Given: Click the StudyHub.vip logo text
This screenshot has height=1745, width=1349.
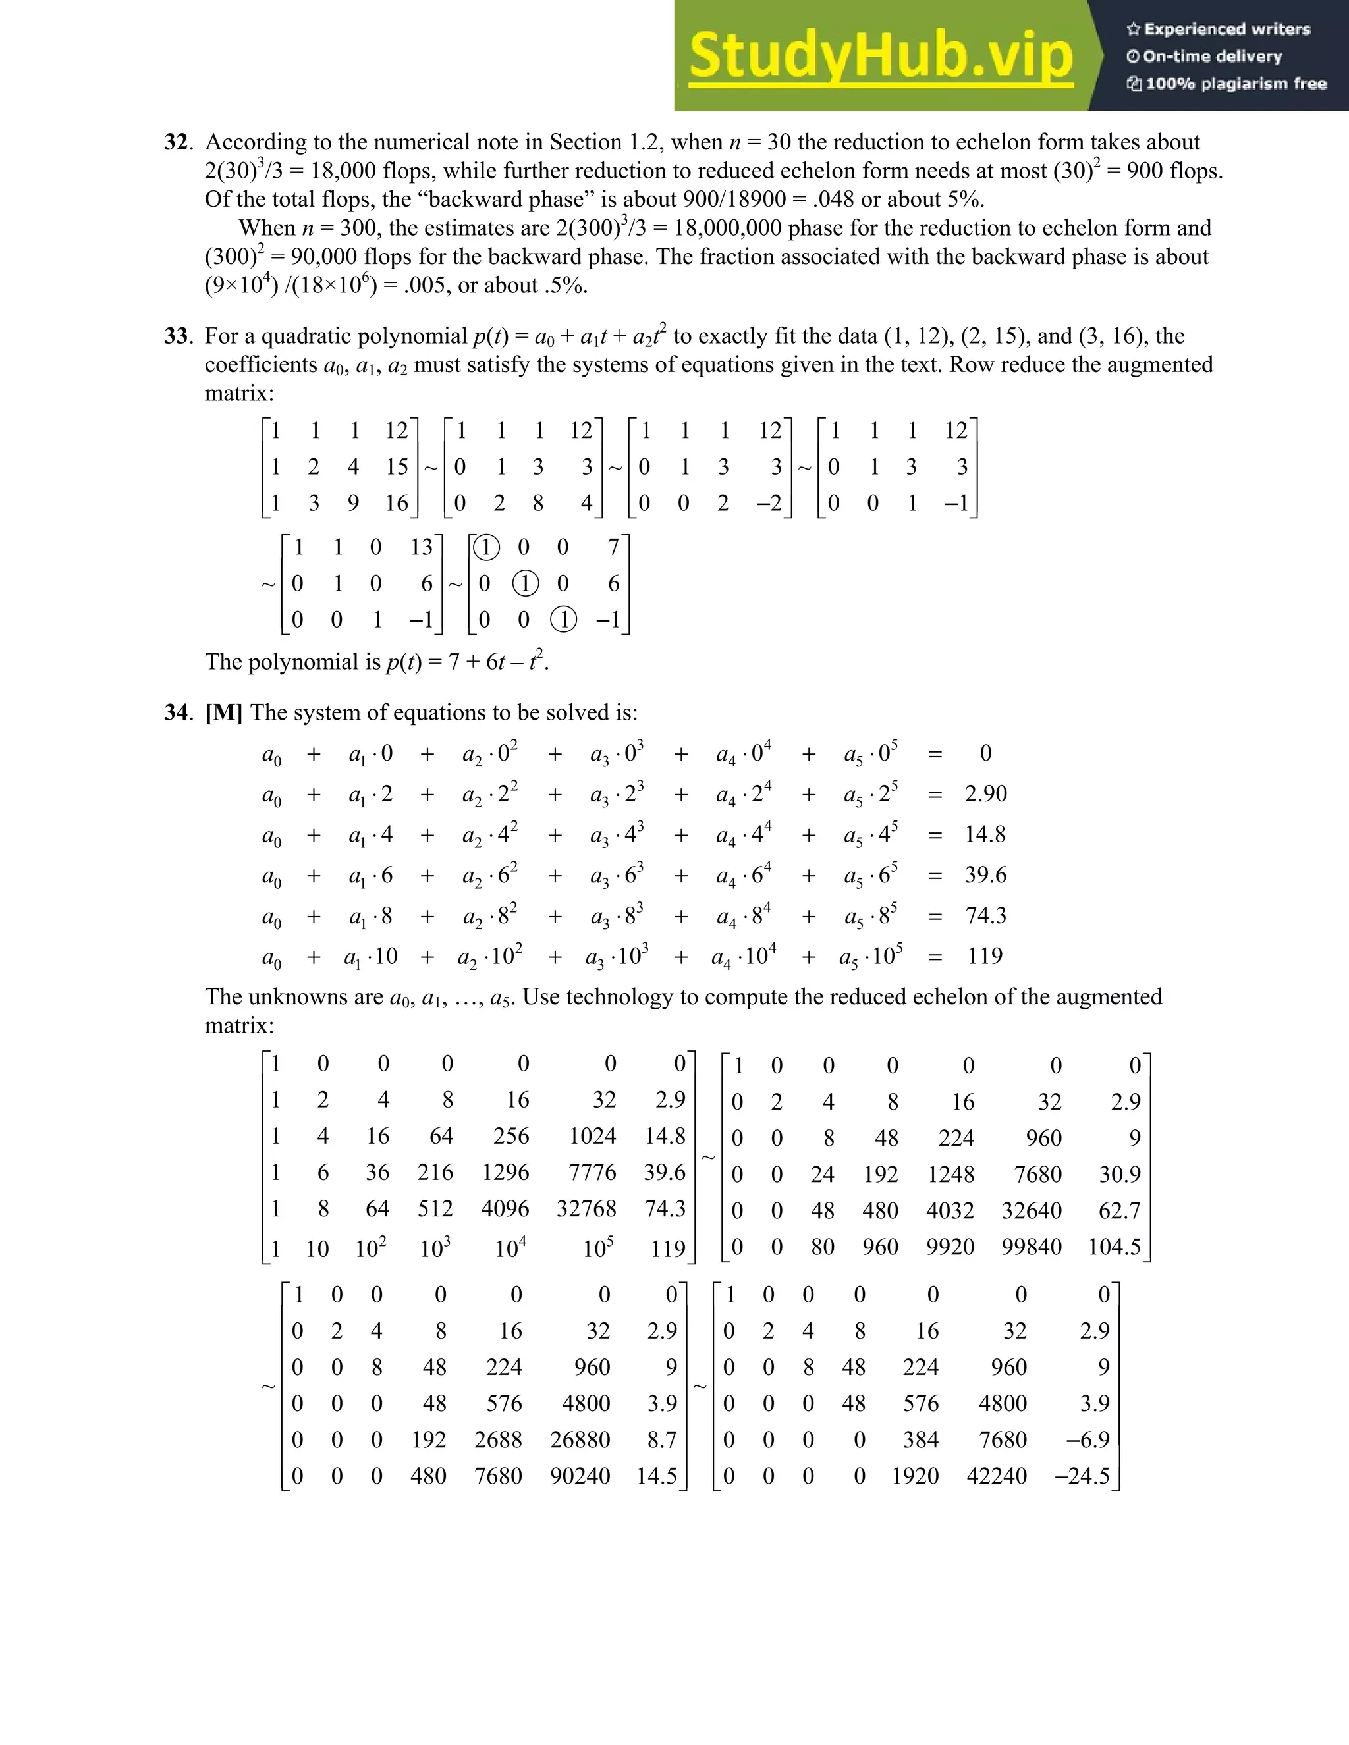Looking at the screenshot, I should click(880, 57).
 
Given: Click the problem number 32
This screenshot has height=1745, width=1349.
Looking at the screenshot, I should click(177, 142).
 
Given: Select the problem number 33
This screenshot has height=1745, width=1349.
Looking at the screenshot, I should click(177, 336).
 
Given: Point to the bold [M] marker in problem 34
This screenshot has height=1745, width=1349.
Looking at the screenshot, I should click(224, 712).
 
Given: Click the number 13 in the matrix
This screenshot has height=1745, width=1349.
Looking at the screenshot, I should click(421, 547).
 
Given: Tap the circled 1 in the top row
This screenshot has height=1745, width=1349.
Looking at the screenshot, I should click(486, 547).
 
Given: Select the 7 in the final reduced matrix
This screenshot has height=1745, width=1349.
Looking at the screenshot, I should click(613, 547).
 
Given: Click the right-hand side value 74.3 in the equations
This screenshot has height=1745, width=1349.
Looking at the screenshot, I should click(985, 916).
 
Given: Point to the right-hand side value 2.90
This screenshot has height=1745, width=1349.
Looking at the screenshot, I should click(985, 794).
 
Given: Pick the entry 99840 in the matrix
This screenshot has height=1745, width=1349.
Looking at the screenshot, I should click(1031, 1247).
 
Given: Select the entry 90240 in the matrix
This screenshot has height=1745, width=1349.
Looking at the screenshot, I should click(580, 1476).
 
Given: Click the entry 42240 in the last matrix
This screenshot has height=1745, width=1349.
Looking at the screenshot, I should click(997, 1476).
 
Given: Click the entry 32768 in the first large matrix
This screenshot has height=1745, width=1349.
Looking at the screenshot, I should click(587, 1209).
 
